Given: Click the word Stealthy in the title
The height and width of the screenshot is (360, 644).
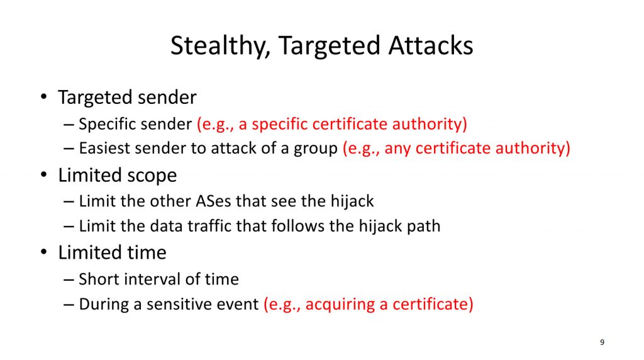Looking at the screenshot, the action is (x=220, y=45).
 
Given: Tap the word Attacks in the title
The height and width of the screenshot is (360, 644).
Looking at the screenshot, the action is (x=431, y=45).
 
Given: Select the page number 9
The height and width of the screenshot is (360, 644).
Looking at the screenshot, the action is (x=602, y=342).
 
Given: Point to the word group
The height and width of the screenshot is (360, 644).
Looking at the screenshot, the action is (x=316, y=149).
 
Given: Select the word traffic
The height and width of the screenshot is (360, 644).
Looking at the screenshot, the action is (x=208, y=225).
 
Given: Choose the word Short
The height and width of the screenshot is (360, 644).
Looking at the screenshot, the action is (x=99, y=279).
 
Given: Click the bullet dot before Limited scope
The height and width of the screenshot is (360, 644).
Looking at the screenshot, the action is (x=44, y=175).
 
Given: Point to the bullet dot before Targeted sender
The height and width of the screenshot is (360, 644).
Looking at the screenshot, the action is (x=44, y=97).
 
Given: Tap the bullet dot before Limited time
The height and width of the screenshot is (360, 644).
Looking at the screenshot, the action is (x=44, y=252).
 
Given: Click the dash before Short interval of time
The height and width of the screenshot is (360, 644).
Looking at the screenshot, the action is (x=69, y=280).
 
